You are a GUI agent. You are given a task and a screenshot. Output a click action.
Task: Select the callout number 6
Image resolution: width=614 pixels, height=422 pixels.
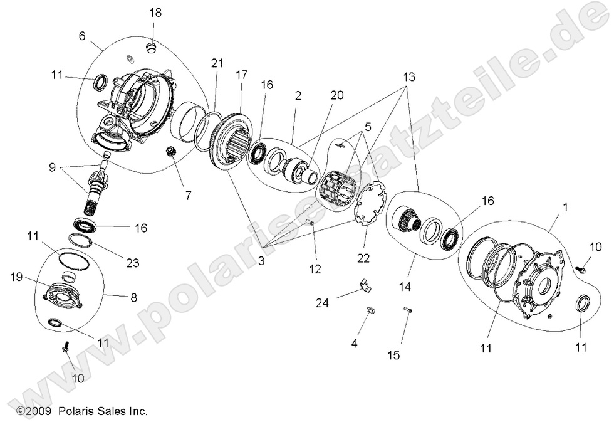point(82,36)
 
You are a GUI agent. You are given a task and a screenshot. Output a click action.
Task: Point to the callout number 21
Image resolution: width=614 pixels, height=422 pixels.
point(217,63)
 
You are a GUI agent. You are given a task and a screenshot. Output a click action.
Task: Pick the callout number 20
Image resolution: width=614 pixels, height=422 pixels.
point(337,95)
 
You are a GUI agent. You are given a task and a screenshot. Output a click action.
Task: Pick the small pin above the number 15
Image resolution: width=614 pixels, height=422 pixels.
point(408,310)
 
